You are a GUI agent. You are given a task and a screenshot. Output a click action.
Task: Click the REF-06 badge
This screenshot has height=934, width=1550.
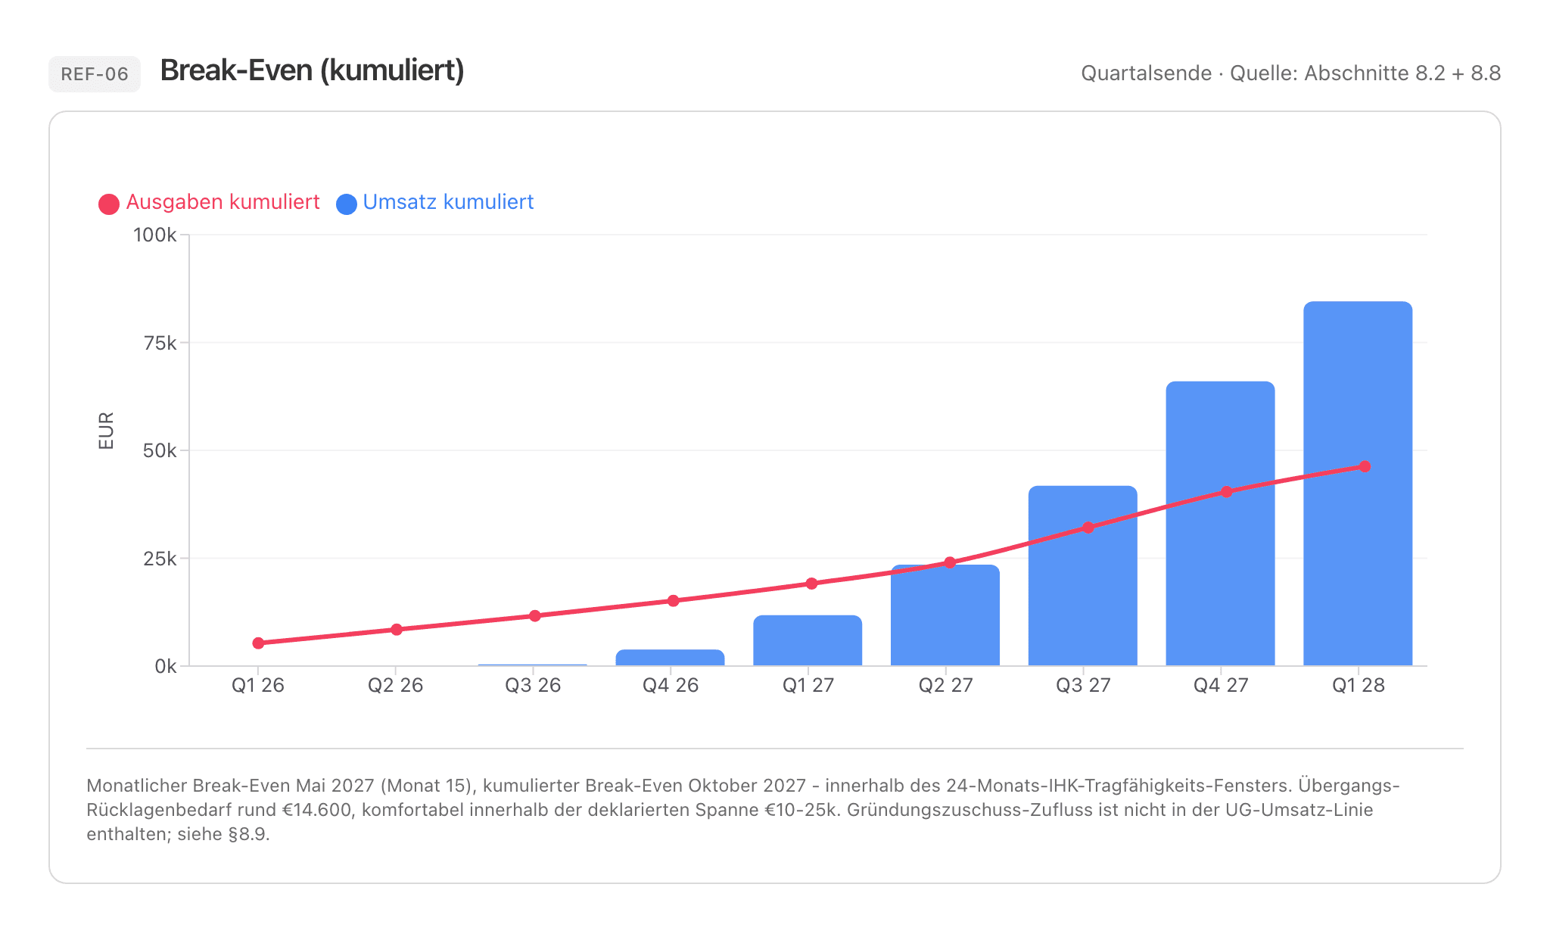(x=95, y=74)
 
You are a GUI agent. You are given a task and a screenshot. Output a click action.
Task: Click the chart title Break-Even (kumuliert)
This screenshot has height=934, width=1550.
(x=313, y=70)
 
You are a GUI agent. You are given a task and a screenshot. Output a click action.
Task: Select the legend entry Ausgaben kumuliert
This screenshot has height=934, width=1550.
(x=210, y=203)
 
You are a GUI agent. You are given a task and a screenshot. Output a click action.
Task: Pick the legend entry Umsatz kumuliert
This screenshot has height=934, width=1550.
(x=435, y=203)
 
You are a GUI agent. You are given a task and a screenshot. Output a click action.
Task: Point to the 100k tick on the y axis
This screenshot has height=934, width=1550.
(x=155, y=235)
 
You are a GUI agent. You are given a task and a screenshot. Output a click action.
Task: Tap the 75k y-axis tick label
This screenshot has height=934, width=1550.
(x=160, y=343)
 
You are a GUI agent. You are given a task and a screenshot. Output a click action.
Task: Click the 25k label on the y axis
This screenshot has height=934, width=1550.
(x=160, y=559)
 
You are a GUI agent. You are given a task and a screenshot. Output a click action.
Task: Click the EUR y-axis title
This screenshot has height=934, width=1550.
(x=106, y=431)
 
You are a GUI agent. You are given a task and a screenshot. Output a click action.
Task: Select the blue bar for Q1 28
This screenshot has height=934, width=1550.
(x=1358, y=484)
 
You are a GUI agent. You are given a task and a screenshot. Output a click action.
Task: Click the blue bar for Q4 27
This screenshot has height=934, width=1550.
(x=1220, y=524)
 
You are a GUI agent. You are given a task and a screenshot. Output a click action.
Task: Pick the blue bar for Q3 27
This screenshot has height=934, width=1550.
(x=1082, y=576)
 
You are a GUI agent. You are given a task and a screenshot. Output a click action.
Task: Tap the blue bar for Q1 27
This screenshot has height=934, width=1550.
(x=808, y=640)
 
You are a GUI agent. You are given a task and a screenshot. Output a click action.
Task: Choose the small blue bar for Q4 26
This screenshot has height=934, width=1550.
(x=670, y=658)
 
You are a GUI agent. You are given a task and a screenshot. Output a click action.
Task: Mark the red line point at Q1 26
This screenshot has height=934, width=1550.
(x=258, y=643)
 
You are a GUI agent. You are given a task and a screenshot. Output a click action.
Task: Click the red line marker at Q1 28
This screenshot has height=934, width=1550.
(x=1365, y=466)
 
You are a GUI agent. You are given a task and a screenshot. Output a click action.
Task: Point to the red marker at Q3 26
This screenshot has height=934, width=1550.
(x=535, y=616)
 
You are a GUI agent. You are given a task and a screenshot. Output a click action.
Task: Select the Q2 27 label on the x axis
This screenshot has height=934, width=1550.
(x=945, y=685)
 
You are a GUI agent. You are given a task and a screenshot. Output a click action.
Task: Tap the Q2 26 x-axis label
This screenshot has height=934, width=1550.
(x=395, y=685)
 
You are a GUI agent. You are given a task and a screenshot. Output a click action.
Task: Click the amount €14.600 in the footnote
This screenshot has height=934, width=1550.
(x=317, y=810)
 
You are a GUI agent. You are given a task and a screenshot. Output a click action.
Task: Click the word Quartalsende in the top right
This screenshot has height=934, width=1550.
(x=1146, y=73)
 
